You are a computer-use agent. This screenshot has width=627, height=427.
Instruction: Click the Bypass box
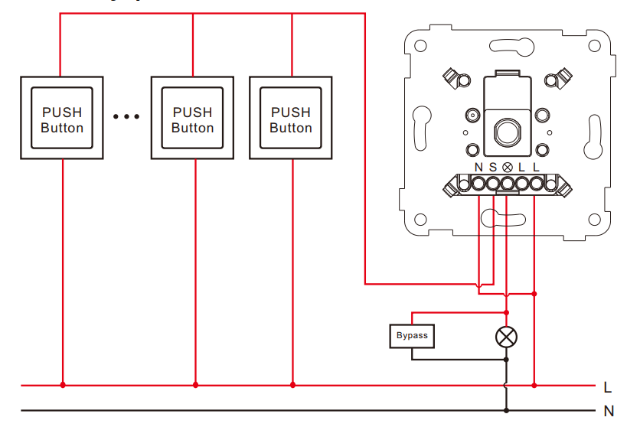click(412, 336)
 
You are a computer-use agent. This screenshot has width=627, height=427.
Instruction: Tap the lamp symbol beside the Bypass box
click(506, 337)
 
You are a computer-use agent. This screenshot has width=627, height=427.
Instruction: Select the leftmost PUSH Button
click(62, 118)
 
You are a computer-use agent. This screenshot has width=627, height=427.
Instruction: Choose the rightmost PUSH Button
click(291, 118)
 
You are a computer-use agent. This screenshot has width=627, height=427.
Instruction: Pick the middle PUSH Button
click(192, 118)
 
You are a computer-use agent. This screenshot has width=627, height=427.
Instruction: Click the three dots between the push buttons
click(126, 117)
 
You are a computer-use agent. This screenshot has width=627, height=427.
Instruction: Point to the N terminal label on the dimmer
click(478, 168)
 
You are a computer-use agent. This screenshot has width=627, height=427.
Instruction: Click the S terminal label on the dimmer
click(493, 168)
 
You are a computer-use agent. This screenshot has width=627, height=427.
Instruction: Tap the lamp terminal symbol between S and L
click(508, 168)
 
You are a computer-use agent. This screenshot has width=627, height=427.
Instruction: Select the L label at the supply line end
click(607, 387)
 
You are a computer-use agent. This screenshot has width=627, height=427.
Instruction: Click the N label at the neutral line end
click(609, 411)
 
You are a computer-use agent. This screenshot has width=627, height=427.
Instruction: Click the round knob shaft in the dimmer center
click(508, 131)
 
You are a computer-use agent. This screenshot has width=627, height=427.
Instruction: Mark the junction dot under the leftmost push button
click(63, 385)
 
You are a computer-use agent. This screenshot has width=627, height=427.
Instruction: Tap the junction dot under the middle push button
click(195, 385)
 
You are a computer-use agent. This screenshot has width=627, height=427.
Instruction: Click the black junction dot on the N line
click(506, 410)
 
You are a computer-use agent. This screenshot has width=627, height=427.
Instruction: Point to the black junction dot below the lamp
click(506, 360)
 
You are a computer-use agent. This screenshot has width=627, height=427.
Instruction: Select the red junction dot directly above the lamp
click(506, 312)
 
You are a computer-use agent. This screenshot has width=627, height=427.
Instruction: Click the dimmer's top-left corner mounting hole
click(420, 46)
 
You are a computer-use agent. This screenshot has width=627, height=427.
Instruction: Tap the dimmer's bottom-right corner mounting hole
click(594, 220)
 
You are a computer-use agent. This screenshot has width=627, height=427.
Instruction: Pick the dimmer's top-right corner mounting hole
click(594, 46)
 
